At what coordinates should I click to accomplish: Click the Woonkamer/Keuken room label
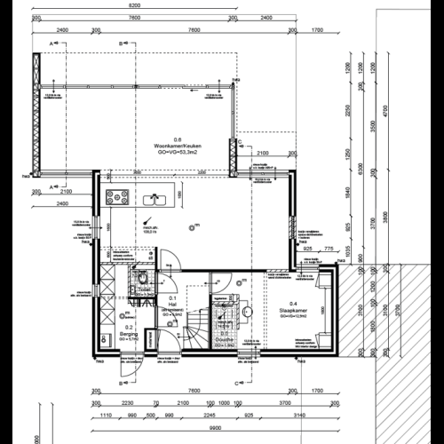point(177,146)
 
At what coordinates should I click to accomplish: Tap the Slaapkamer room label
point(293,310)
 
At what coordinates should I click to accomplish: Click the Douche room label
point(224,338)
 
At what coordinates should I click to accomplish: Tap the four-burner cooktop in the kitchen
point(117,196)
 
